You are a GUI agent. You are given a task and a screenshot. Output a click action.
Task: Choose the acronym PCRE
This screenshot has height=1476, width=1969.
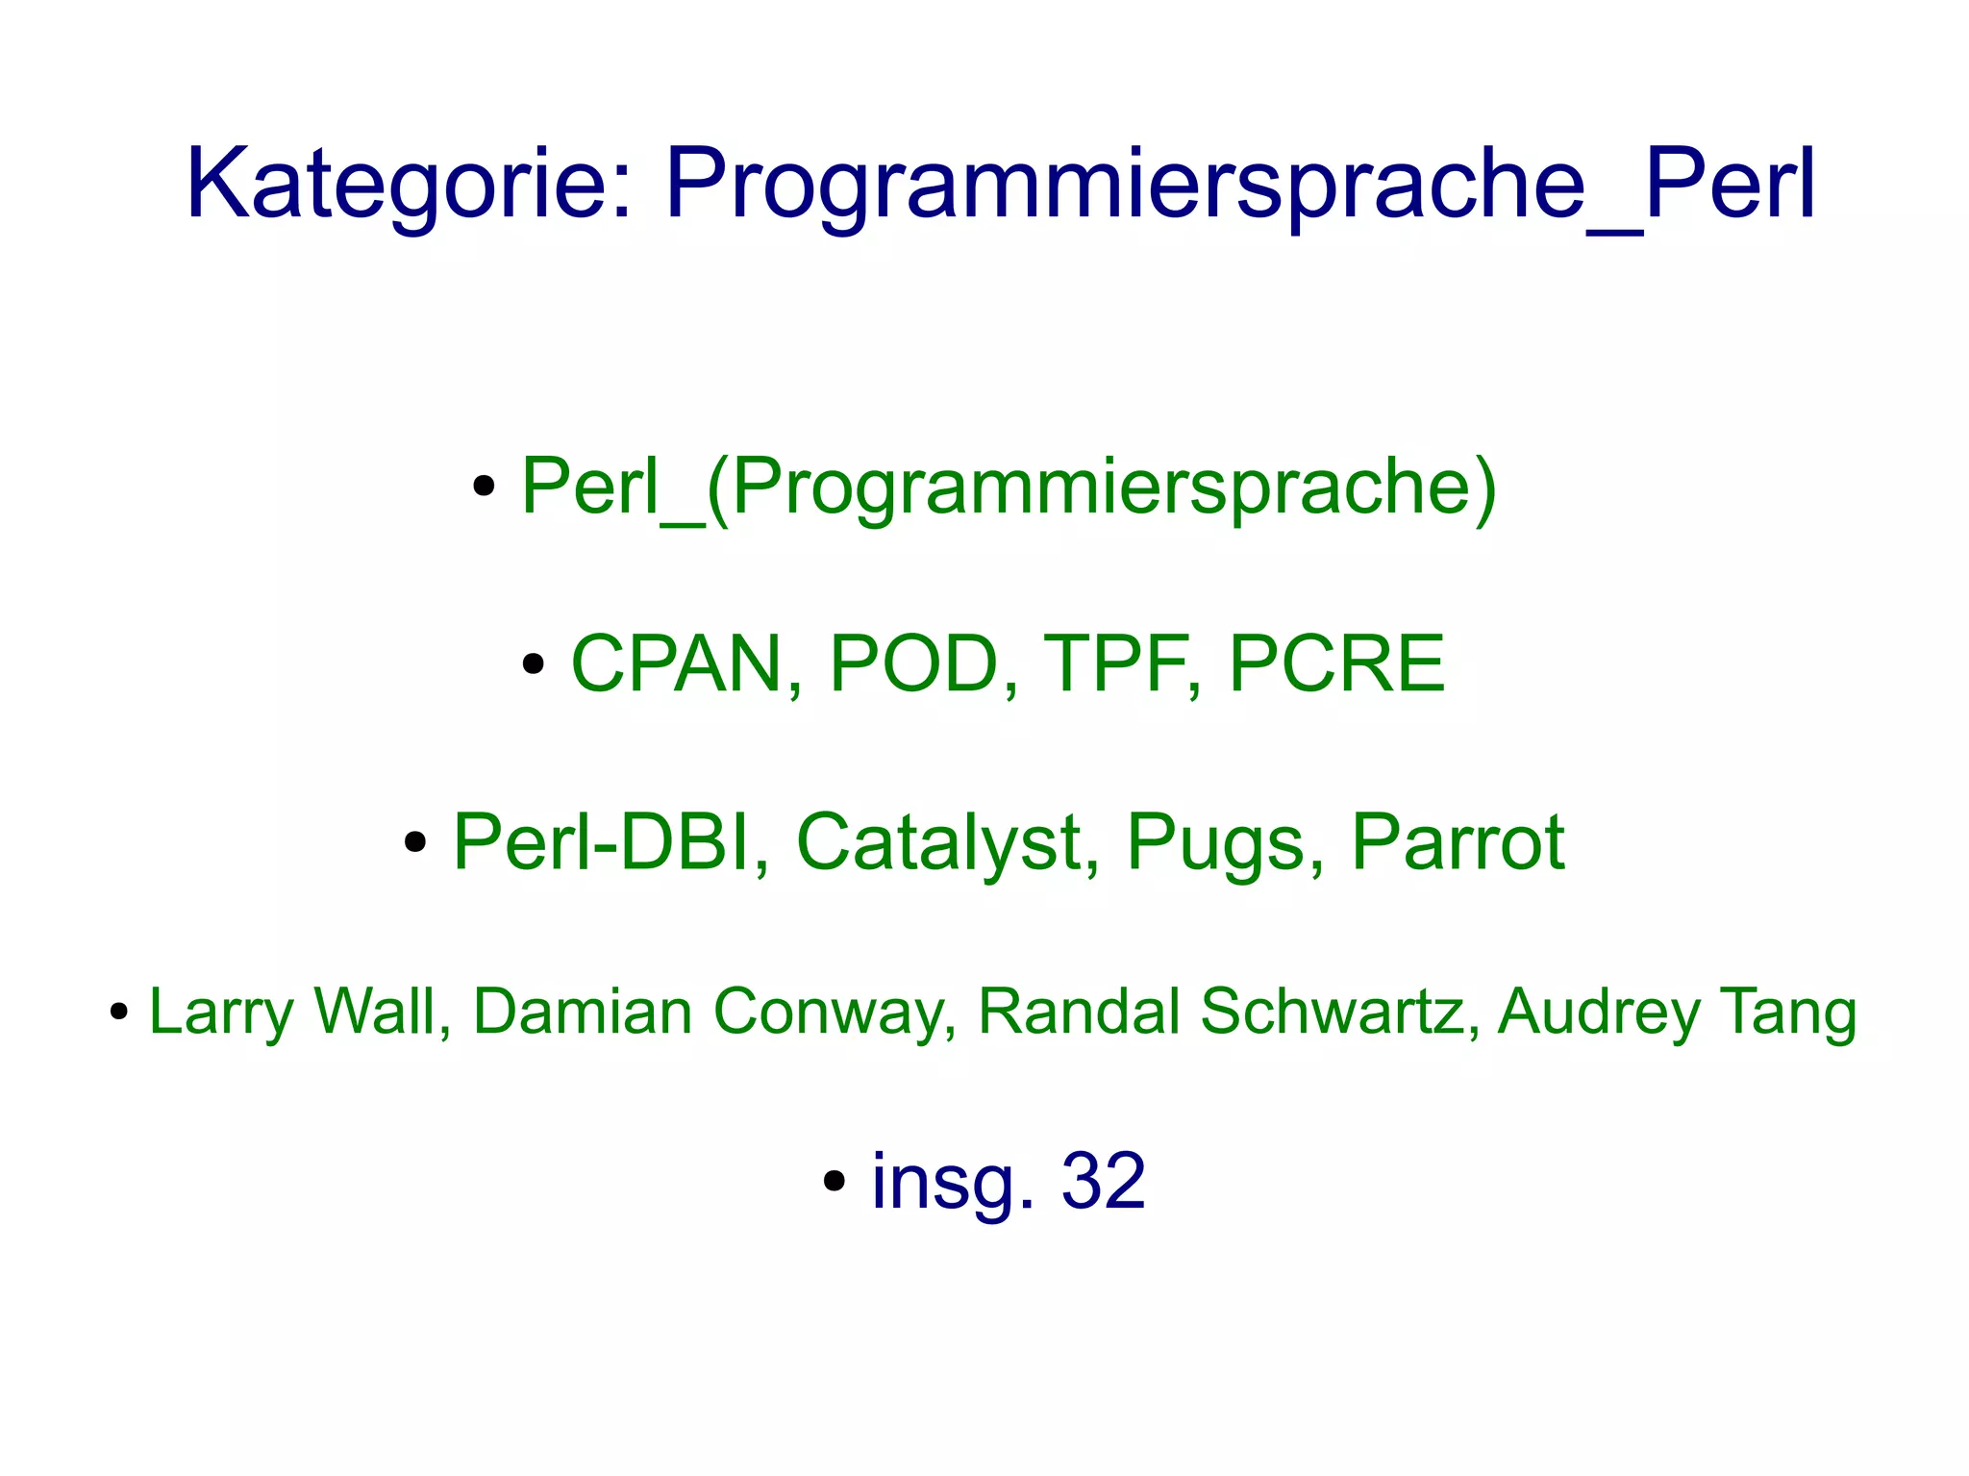click(x=1336, y=663)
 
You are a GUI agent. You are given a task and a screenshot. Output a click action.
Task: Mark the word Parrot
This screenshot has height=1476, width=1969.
click(x=1458, y=842)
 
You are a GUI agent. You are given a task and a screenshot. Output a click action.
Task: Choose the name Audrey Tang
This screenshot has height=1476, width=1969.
click(x=1677, y=1012)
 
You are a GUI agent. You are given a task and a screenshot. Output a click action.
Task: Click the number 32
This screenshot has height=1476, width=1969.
click(x=1103, y=1181)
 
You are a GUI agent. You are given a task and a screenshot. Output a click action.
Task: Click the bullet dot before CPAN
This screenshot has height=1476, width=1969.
click(x=534, y=664)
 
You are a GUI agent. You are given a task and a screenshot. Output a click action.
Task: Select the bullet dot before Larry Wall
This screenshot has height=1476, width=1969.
click(x=119, y=1013)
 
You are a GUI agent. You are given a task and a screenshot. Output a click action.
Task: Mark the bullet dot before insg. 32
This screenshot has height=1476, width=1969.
click(x=835, y=1182)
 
